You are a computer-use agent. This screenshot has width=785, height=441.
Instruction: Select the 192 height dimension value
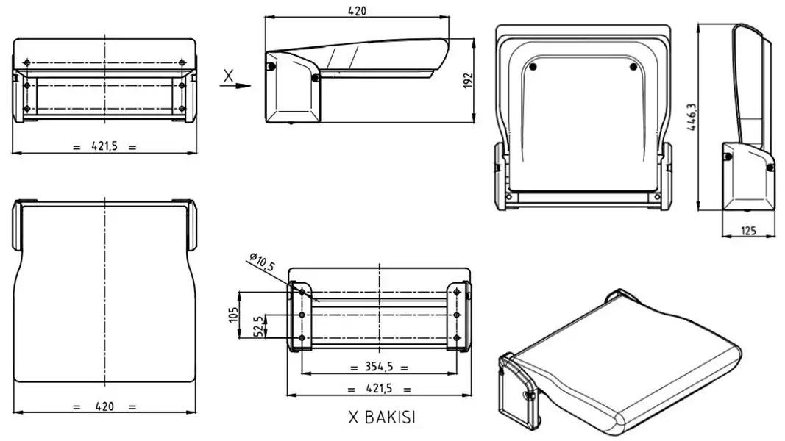466,81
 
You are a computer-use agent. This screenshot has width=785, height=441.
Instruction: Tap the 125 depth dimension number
748,231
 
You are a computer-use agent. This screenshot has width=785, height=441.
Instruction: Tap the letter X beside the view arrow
229,75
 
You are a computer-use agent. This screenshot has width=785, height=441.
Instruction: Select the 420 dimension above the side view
356,10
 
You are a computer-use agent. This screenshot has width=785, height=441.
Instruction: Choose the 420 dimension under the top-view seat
105,406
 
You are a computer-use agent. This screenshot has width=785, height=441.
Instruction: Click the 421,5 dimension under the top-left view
105,146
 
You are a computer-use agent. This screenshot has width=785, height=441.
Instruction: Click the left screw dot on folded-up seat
533,68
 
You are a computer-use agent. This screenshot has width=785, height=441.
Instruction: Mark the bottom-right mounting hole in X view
458,338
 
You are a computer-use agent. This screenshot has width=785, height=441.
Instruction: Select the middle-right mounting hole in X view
458,315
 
